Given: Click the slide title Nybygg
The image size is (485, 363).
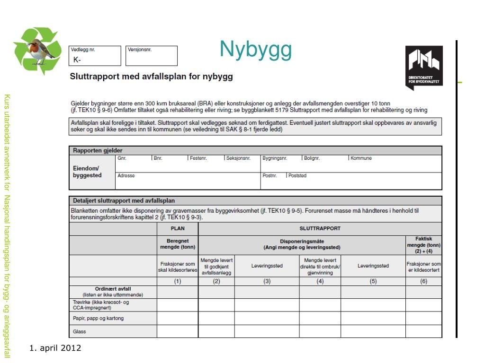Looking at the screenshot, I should pos(255,50).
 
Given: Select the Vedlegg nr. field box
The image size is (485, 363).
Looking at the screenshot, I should pos(96,56).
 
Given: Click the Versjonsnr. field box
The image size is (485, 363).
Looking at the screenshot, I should pos(152,56).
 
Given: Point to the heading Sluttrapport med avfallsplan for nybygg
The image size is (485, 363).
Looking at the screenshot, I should pos(152,76).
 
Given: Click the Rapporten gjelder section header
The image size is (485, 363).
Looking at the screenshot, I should pos(98,150).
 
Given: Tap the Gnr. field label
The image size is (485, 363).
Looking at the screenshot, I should pos(122,158).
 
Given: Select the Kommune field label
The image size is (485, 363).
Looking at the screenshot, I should pos(361,158).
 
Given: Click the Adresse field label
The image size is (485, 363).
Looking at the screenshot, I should pos(126,175).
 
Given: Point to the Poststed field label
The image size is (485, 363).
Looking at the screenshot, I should pos(297,175).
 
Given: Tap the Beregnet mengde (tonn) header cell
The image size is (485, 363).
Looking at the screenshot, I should pos(178,244).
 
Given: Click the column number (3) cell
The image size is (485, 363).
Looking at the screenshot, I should pos(267,281).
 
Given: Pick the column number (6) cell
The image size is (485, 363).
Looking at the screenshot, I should pos(423,281).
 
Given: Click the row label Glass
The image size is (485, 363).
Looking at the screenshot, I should pos(80,331).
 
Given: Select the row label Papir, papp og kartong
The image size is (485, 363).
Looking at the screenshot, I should pos(99,318).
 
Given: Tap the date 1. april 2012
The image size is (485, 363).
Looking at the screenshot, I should pos(55,348).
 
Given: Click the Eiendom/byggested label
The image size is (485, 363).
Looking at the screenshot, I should pos(87,172).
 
